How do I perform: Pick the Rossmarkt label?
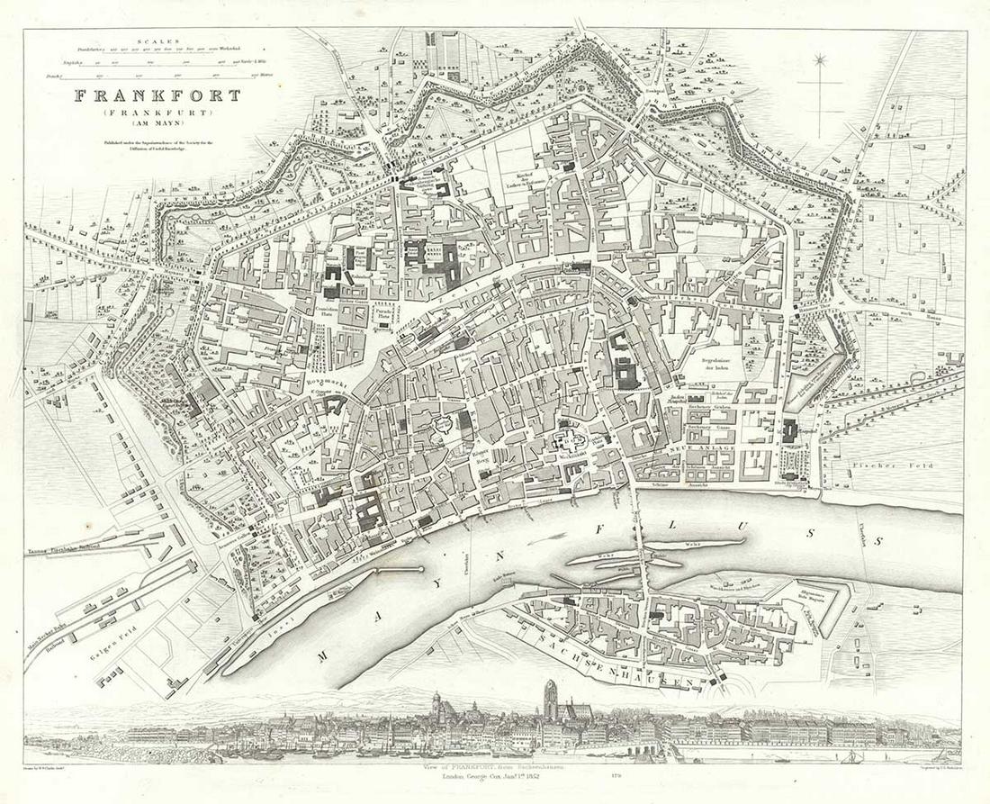point(322,384)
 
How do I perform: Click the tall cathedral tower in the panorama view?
point(550,698)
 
